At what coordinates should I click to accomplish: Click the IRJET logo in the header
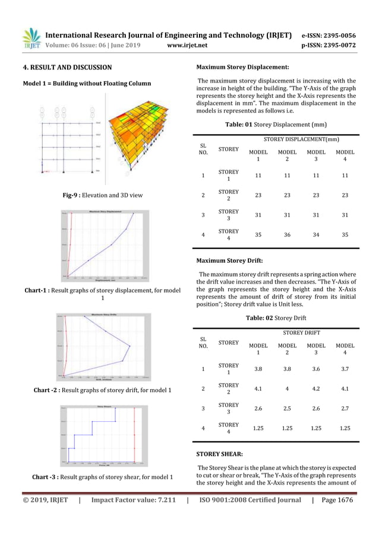coord(31,38)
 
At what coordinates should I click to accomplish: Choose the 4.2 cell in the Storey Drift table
coord(316,388)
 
